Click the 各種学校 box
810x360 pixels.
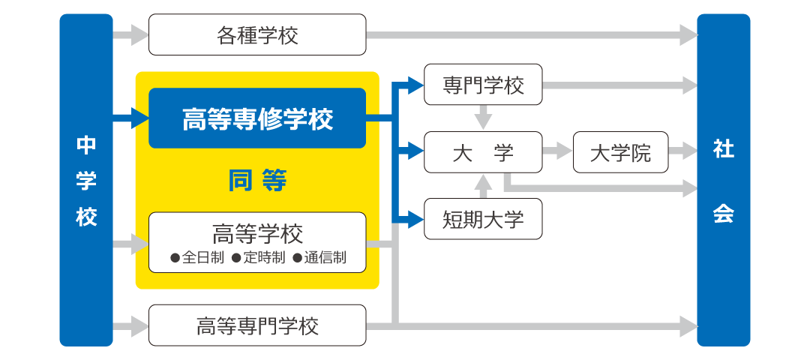257,35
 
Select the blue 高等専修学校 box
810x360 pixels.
257,118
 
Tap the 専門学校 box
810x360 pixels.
483,85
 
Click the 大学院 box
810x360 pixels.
620,153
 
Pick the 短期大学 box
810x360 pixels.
483,219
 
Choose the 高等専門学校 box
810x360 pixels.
257,325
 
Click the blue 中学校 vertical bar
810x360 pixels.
86,180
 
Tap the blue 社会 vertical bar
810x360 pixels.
723,180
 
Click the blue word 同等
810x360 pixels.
257,181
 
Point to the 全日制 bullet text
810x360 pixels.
197,257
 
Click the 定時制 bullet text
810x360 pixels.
258,257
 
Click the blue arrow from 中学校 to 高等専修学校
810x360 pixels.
131,118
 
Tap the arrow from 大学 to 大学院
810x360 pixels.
556,152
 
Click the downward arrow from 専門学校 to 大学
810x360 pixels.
483,117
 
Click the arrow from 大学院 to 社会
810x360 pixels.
682,152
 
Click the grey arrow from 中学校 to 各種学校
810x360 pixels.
131,34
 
